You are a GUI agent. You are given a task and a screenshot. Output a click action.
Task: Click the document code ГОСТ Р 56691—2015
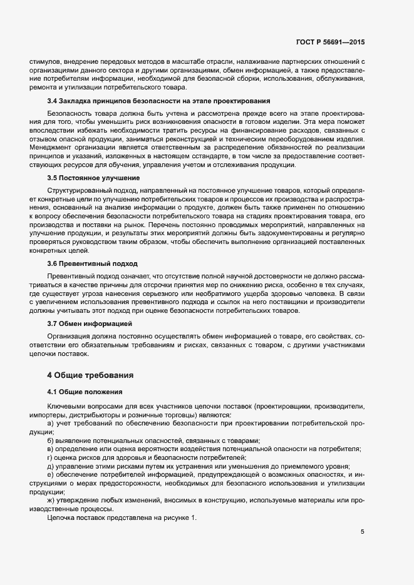[x=331, y=42]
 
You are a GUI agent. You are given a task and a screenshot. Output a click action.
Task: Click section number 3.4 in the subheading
[x=53, y=100]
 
